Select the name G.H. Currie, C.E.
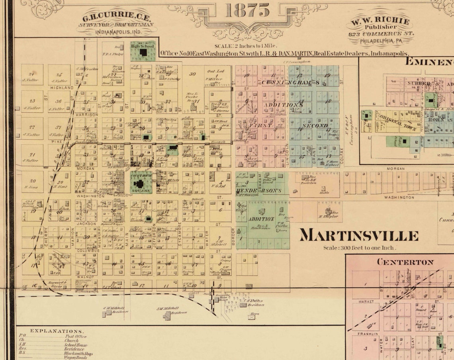click(x=113, y=18)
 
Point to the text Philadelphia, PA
click(x=380, y=41)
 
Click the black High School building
click(x=143, y=52)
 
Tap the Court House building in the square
click(x=140, y=184)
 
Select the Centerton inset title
click(x=405, y=262)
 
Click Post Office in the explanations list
click(x=76, y=336)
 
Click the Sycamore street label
click(x=180, y=234)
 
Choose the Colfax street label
click(x=341, y=156)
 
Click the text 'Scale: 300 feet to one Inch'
click(x=360, y=248)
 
